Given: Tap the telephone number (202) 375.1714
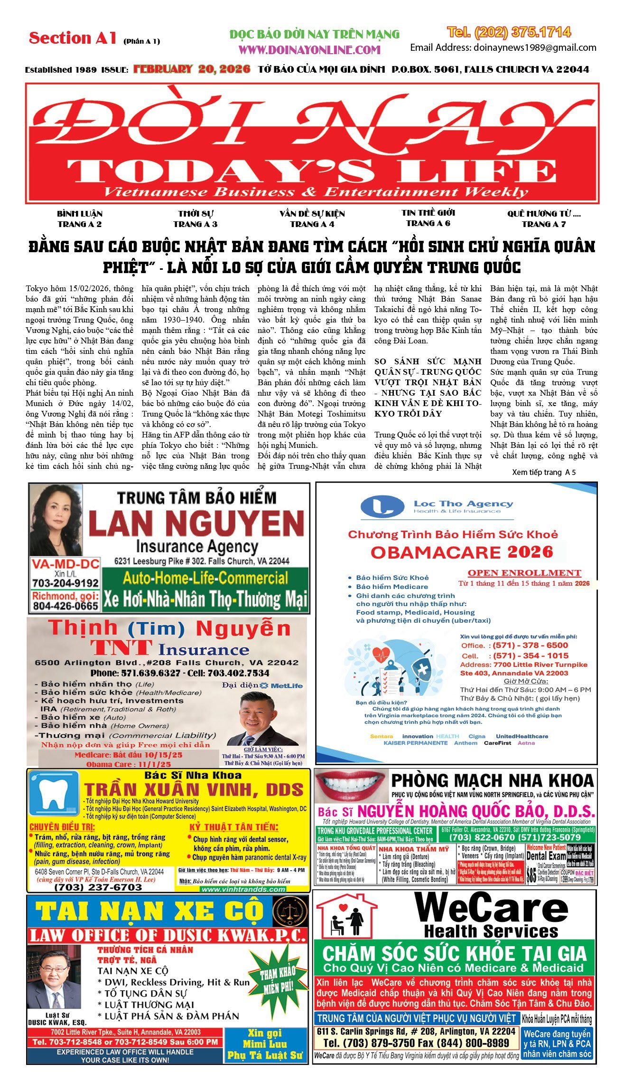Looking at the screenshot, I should click(509, 32).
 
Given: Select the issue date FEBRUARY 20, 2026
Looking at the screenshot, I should click(192, 69).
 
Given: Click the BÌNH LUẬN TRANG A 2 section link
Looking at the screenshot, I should click(79, 219).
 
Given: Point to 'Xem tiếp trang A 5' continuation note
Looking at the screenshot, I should click(544, 472).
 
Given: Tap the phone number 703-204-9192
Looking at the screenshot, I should click(65, 583).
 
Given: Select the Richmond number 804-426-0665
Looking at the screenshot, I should click(65, 606).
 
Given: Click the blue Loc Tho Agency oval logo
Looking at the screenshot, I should click(382, 507).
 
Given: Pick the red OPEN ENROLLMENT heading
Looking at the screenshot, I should click(524, 573).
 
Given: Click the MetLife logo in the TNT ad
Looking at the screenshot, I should click(281, 685).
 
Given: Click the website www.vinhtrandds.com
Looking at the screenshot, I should click(243, 889).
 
